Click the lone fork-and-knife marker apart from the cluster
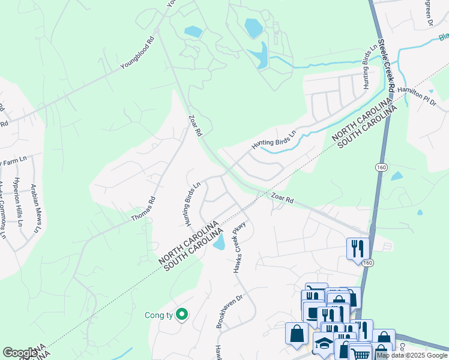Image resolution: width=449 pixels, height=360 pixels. coord(358,248)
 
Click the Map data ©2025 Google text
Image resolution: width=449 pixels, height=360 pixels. coord(412,355)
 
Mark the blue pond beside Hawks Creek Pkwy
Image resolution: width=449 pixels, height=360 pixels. coord(219,242)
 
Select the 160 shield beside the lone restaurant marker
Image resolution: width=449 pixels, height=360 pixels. coord(367,262)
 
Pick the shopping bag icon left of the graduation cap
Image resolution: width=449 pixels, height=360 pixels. coord(297,334)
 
